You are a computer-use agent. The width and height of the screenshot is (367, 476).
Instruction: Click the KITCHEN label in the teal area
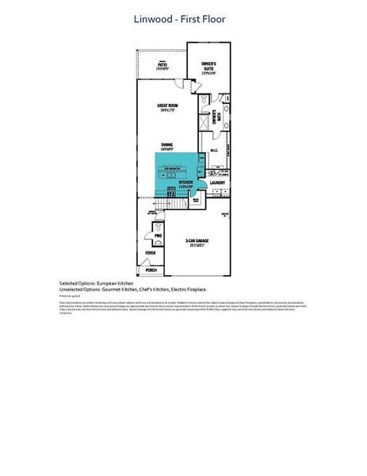click(x=186, y=182)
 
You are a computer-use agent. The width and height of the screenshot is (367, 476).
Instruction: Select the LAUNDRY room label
click(x=218, y=183)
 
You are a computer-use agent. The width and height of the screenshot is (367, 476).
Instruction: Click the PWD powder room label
click(x=158, y=236)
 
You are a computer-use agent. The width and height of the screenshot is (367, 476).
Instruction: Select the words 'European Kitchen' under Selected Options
click(x=114, y=282)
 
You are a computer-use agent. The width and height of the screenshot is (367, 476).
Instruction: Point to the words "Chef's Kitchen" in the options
click(x=146, y=288)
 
